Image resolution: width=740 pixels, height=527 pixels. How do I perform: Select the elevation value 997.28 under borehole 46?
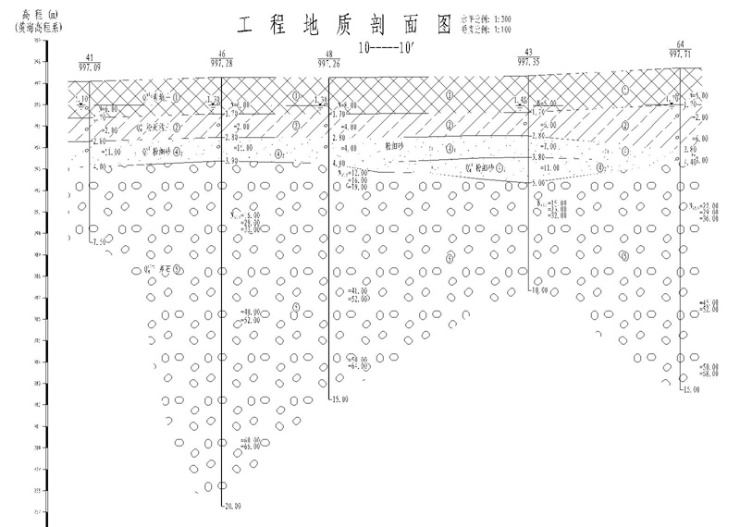[x=223, y=63]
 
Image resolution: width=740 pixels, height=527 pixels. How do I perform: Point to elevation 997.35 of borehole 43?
[x=528, y=61]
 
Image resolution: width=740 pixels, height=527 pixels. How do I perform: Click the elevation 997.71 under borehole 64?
[x=682, y=55]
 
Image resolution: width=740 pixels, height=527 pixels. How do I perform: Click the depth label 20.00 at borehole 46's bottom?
[x=231, y=506]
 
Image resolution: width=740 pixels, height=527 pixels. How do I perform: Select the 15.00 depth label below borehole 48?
[x=339, y=399]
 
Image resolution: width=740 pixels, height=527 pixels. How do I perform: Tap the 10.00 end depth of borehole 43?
[x=538, y=290]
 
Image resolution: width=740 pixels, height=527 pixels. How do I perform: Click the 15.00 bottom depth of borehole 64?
[x=691, y=391]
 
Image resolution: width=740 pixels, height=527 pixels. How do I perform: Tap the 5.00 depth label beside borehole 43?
[x=537, y=184]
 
